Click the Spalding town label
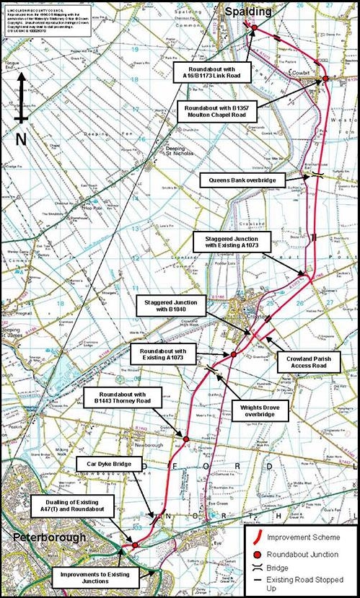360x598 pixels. coord(248,11)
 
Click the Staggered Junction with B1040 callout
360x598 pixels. coord(171,305)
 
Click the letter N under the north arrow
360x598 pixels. coord(21,135)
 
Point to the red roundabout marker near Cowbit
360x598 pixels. coord(325,79)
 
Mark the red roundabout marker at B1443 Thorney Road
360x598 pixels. coord(185,439)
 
